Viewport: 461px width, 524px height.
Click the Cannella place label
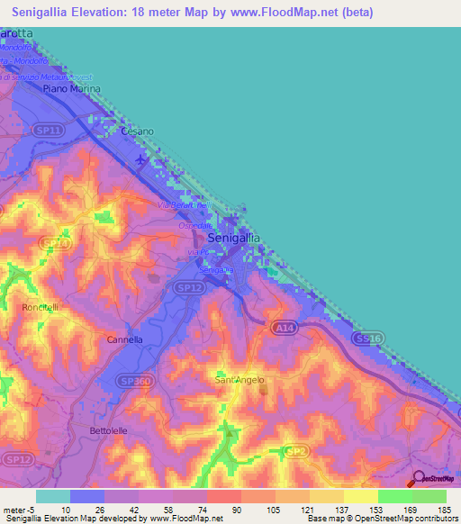[x=124, y=340]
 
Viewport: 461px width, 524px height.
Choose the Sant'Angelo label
[x=240, y=380]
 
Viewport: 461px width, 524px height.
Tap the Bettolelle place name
[x=112, y=431]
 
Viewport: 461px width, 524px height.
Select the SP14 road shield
[x=56, y=243]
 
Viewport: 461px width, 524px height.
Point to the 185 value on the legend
[x=444, y=510]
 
